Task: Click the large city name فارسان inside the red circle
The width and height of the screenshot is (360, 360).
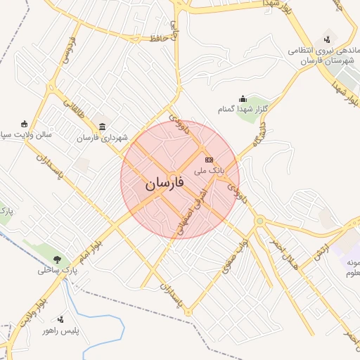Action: click(x=165, y=185)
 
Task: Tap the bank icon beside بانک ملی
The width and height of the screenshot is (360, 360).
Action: click(x=209, y=160)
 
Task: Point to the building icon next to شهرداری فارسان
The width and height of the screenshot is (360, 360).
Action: click(x=103, y=127)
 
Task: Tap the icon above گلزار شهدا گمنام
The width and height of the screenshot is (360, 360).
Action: click(x=243, y=98)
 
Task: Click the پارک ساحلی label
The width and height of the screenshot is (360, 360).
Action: click(x=57, y=269)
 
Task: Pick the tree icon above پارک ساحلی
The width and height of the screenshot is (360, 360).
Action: click(x=57, y=259)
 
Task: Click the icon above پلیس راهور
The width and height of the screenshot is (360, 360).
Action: click(x=60, y=319)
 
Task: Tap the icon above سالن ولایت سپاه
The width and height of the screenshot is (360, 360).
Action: click(x=25, y=123)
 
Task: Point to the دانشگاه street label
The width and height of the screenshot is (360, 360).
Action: click(x=259, y=137)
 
